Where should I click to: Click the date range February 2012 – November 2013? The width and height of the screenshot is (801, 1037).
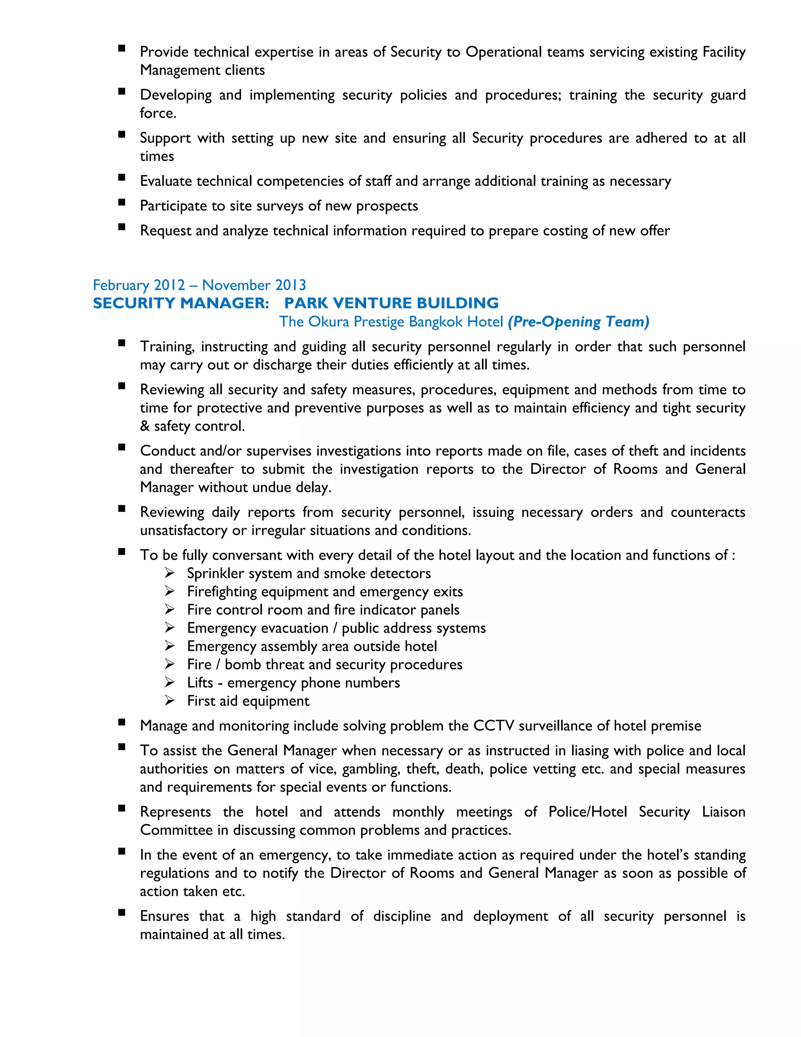click(x=199, y=285)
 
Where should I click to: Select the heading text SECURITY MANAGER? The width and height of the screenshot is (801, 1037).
click(x=181, y=303)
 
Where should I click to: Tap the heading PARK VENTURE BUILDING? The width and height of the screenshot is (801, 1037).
click(x=392, y=303)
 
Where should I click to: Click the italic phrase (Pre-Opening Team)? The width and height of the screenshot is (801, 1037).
click(x=578, y=322)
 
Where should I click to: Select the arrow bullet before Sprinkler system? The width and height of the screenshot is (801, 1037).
click(x=170, y=573)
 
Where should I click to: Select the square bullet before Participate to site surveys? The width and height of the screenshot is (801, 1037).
click(x=122, y=203)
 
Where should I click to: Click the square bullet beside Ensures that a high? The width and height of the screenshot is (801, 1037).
click(x=122, y=913)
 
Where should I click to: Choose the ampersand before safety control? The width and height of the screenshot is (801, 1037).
click(x=145, y=426)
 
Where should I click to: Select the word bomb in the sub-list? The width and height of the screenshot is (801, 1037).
click(x=242, y=664)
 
